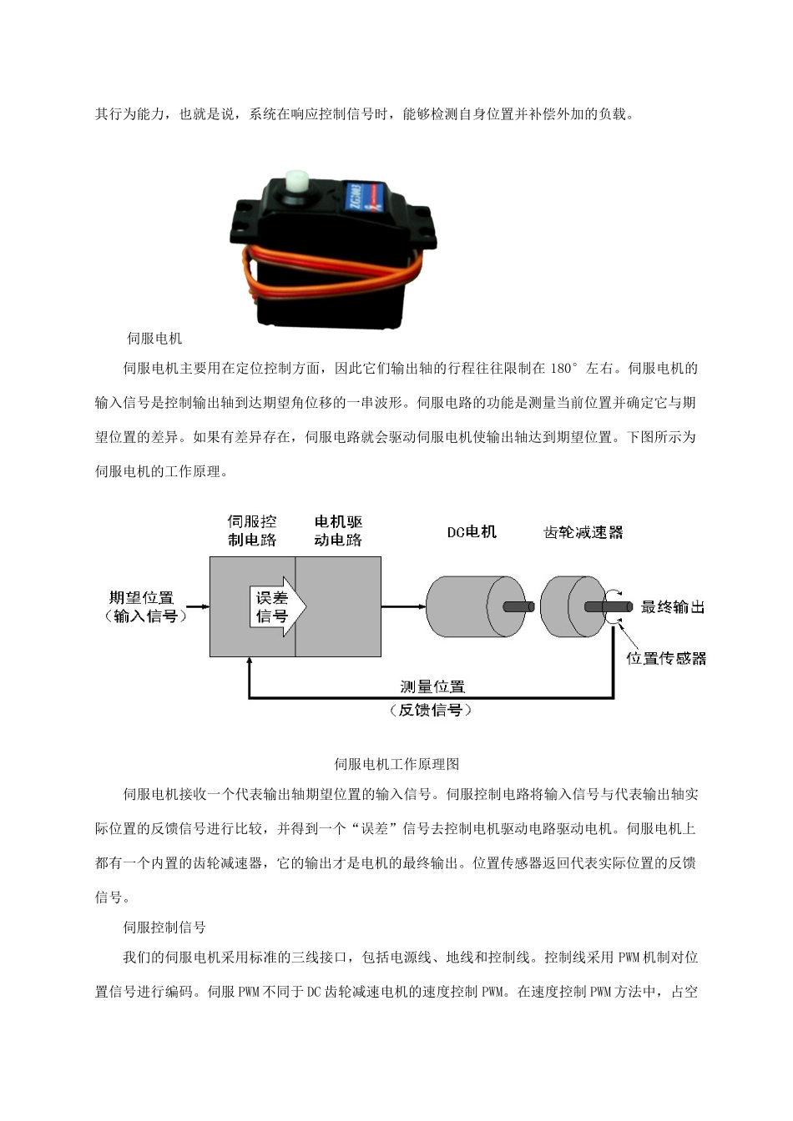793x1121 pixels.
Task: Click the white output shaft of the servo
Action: click(296, 182)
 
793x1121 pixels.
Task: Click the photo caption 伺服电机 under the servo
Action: click(154, 339)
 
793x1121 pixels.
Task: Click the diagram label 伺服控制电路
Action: click(252, 531)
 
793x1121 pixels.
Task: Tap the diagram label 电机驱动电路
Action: click(338, 531)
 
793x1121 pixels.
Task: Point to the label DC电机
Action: click(472, 532)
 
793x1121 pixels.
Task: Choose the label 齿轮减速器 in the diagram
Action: click(583, 532)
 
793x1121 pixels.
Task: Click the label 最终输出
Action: click(673, 607)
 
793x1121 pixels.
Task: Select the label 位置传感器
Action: click(666, 658)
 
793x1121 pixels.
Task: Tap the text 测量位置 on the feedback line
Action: click(432, 686)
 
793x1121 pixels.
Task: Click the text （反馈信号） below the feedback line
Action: click(431, 711)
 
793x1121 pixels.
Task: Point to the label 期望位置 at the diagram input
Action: click(141, 597)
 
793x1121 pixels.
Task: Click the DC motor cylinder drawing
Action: click(467, 607)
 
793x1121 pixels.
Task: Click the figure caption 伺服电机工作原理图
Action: click(397, 764)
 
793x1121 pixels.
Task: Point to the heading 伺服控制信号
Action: click(164, 927)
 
